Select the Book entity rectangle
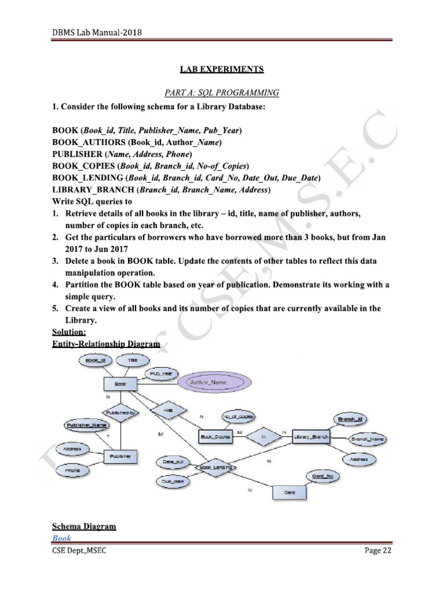[x=120, y=383]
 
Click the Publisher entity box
[x=121, y=457]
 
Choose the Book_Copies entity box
[x=215, y=437]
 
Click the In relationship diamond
[x=263, y=437]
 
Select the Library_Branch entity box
[x=311, y=437]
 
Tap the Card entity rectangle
[x=290, y=493]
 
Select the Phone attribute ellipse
[x=73, y=470]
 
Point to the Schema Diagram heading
[x=84, y=526]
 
